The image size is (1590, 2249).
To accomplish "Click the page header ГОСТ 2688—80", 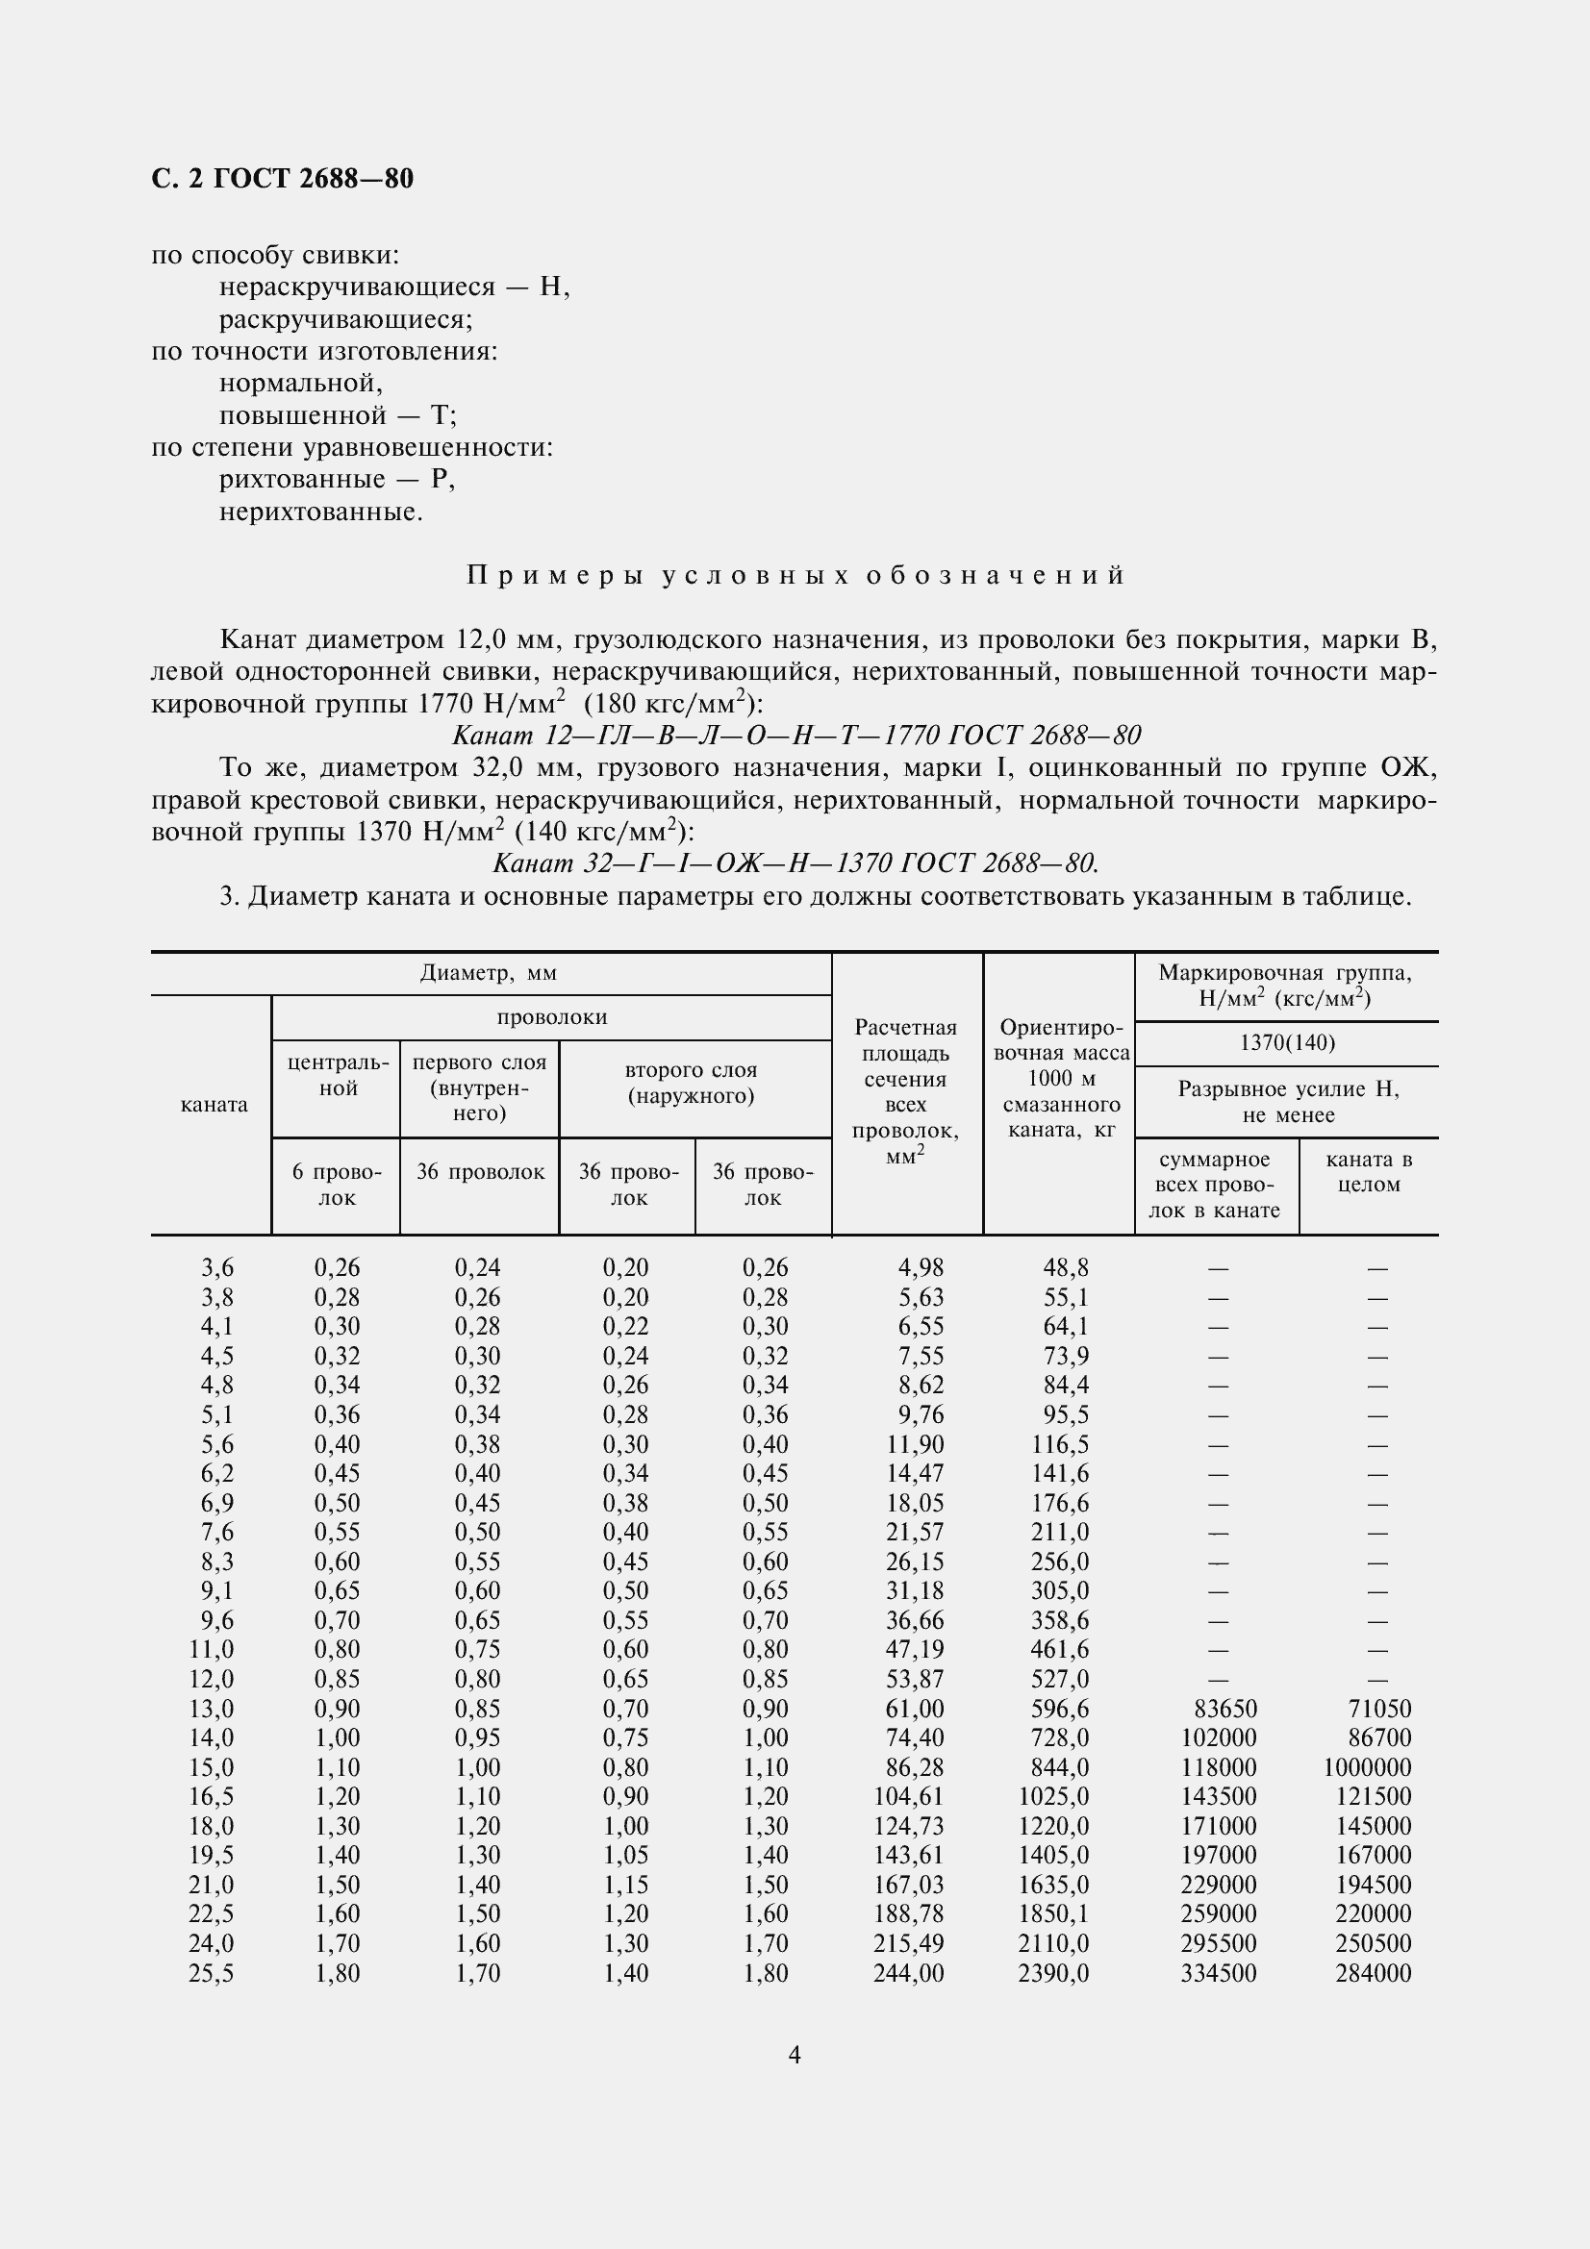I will coord(282,178).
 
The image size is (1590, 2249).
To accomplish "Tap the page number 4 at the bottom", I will coord(795,2055).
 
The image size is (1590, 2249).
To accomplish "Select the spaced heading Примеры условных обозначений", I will coord(795,575).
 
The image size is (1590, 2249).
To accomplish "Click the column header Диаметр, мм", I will coord(489,973).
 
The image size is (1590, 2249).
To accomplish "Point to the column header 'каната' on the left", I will coord(214,1104).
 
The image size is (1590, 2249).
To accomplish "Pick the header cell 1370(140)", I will coord(1287,1042).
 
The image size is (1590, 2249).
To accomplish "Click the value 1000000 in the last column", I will coord(1367,1767).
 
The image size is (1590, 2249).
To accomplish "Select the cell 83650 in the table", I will coord(1224,1709).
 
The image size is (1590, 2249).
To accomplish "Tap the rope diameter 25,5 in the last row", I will coord(212,1973).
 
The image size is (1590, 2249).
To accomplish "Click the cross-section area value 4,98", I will coord(921,1267).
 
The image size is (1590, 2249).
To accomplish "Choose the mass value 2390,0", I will coord(1053,1973).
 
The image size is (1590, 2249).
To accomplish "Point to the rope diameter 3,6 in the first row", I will coord(217,1267).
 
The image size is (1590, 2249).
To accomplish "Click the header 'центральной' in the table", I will coord(338,1075).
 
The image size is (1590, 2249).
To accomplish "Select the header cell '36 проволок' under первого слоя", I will coord(480,1171).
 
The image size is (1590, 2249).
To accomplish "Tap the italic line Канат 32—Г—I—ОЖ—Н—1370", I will coord(795,862).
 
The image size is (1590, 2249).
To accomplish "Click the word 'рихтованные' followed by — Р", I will coord(302,479).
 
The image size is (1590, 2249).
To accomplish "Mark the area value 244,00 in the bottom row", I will coord(908,1973).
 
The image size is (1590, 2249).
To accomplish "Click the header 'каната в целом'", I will coord(1369,1171).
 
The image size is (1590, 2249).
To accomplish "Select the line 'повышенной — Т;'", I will coord(338,415).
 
